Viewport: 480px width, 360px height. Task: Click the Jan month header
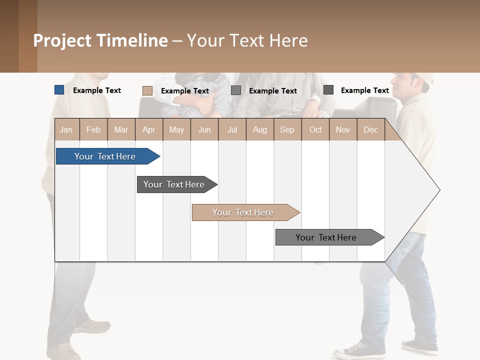click(66, 129)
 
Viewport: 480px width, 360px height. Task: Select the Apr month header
click(149, 129)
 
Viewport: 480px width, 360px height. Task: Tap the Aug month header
click(259, 129)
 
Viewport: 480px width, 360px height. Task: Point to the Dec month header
click(370, 129)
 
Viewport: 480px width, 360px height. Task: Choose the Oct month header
click(315, 129)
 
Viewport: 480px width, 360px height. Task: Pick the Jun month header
click(204, 129)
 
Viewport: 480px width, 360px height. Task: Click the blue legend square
click(59, 90)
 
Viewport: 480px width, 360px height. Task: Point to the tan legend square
click(147, 90)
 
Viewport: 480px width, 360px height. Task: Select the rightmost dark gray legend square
click(328, 90)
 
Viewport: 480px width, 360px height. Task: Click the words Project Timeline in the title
click(100, 40)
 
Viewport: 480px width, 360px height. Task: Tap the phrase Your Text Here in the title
click(247, 40)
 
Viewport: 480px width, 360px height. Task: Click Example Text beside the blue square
click(97, 90)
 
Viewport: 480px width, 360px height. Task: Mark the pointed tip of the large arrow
click(439, 190)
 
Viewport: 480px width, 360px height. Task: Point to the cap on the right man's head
click(420, 77)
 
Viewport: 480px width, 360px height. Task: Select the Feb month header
click(93, 129)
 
